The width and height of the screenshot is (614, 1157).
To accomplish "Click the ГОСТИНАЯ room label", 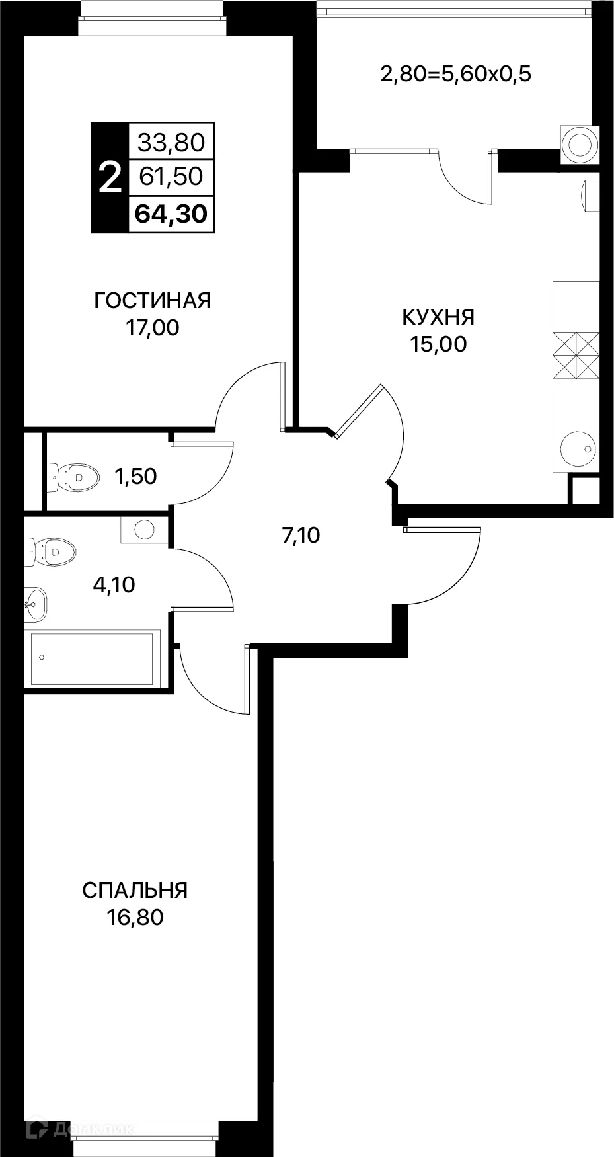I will point(152,301).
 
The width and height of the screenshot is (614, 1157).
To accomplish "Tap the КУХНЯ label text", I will point(438,317).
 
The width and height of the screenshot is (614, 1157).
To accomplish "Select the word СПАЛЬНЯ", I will point(135,890).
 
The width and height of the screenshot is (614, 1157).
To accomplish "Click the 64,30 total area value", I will point(171,214).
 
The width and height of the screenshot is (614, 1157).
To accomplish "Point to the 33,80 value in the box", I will point(171,141).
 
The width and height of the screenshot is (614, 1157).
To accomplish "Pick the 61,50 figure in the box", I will point(171,177).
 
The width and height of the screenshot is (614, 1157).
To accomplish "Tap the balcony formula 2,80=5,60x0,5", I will point(455,74).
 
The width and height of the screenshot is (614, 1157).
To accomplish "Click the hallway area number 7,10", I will point(301,536).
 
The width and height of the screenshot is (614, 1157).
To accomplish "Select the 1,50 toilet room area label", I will point(135,476).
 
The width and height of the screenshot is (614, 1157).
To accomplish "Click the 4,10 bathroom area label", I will point(114,584).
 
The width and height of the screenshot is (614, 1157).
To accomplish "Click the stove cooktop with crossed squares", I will point(576,354).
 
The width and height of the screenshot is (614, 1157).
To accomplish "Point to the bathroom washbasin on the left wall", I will point(36,604).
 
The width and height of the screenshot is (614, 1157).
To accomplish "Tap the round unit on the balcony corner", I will point(580,143).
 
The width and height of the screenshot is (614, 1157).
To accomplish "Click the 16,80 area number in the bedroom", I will point(135,918).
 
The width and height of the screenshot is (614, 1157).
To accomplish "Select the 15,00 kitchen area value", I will point(438,344).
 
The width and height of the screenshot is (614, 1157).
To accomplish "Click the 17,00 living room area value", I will point(152,328).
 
